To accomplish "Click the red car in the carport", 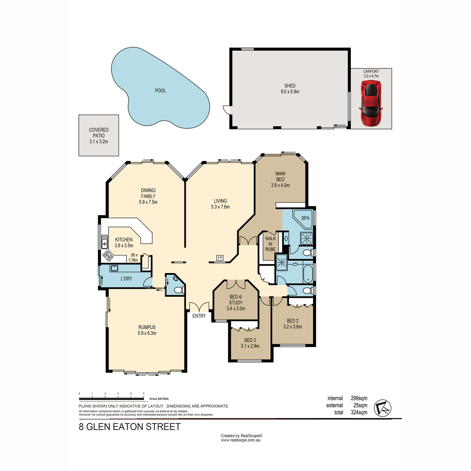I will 371,103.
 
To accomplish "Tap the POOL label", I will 160,91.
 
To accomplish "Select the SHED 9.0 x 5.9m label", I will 290,89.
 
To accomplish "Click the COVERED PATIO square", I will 99,135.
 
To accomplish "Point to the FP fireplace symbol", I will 220,258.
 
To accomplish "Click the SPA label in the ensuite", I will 305,218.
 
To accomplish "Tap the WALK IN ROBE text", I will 270,244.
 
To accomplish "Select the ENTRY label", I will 199,316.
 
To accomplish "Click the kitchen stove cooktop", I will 107,257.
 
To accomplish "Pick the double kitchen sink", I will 104,242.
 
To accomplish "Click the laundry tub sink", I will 115,268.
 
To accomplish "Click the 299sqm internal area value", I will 359,398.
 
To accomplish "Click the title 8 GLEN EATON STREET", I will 130,427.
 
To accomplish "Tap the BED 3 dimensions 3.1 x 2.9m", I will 250,346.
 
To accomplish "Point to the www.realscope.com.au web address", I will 241,440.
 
